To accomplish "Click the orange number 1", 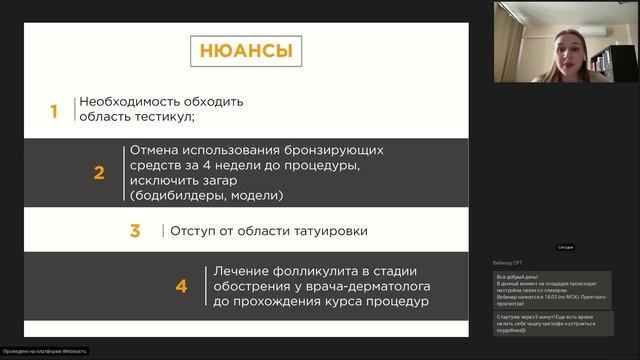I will coord(56,110).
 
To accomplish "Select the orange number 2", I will coord(99,172).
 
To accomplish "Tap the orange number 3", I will coord(135,231).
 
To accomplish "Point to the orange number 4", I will coord(181,286).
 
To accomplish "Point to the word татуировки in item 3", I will coord(327,231).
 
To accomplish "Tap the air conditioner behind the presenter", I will coord(616,29).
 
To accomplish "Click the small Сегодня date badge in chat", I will coord(565,247).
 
